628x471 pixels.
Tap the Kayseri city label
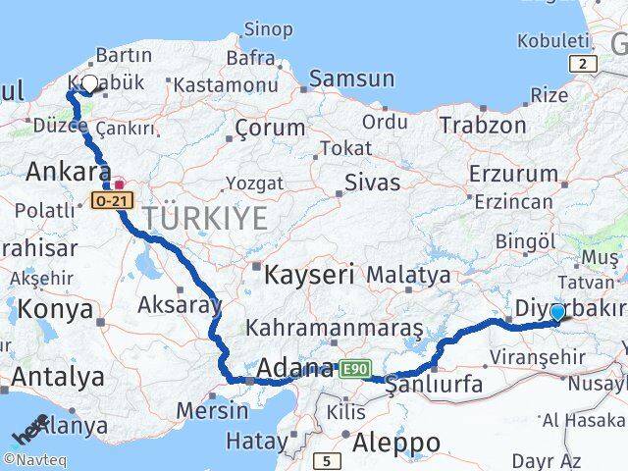308,275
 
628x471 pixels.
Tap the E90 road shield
354,369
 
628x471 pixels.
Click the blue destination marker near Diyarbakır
557,313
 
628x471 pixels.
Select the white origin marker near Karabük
89,84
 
